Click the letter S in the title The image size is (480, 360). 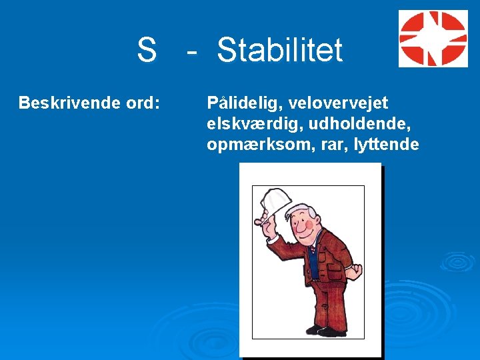pyautogui.click(x=146, y=50)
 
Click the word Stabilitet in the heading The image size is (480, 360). pyautogui.click(x=280, y=50)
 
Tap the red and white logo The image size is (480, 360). pyautogui.click(x=433, y=39)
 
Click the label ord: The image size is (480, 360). pyautogui.click(x=141, y=103)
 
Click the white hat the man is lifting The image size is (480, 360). pyautogui.click(x=276, y=199)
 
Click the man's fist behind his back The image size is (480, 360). pyautogui.click(x=357, y=273)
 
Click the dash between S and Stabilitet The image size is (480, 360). pyautogui.click(x=192, y=52)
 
